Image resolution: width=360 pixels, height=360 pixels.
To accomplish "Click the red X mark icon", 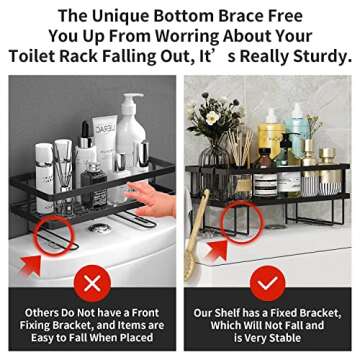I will (92, 284).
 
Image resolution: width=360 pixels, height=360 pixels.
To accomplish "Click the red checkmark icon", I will (268, 284).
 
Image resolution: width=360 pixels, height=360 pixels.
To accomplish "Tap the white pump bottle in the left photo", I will (132, 130).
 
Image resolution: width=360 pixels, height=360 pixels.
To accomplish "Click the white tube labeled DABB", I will (105, 140).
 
